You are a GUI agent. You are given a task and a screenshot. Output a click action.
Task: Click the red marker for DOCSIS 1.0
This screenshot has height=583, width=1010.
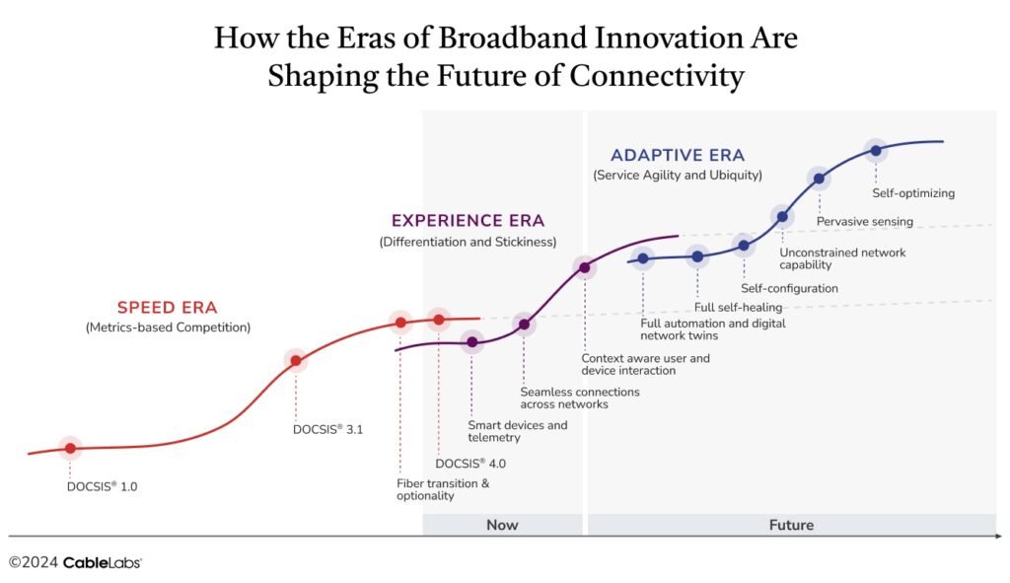click(70, 448)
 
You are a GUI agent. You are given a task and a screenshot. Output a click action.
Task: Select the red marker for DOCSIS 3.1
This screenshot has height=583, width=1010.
click(295, 360)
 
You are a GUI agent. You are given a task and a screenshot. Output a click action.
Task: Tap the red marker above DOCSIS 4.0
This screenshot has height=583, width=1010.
click(439, 320)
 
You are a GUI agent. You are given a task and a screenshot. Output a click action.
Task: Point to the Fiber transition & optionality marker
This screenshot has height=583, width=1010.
click(400, 322)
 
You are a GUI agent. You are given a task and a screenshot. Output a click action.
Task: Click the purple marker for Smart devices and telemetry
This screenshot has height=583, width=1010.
click(471, 342)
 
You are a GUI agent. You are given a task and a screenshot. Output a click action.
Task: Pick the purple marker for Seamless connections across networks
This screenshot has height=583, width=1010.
click(524, 324)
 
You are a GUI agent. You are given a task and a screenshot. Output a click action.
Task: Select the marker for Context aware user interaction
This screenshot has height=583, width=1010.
click(584, 267)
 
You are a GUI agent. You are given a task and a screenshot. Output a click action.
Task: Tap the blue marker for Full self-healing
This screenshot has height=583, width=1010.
click(697, 256)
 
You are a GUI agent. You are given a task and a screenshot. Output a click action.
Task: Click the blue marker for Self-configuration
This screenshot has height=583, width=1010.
click(744, 245)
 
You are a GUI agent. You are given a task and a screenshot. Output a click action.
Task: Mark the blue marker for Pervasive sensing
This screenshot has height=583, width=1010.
click(818, 179)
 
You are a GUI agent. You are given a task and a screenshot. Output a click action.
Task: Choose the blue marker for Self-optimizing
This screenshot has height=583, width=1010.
click(875, 150)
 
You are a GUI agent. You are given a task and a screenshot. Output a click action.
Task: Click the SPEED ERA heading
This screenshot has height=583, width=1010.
click(168, 307)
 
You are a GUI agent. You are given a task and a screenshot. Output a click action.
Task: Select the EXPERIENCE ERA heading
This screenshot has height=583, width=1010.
click(468, 221)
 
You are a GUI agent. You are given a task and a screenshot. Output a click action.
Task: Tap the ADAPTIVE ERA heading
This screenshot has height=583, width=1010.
click(677, 155)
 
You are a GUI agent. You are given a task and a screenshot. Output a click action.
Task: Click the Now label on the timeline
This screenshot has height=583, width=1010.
click(502, 525)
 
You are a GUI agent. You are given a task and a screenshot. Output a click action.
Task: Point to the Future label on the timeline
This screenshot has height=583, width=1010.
click(791, 525)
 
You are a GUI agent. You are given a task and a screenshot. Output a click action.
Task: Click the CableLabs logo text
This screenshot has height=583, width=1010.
click(102, 562)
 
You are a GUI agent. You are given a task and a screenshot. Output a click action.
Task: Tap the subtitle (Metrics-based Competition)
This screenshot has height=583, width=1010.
click(168, 327)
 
